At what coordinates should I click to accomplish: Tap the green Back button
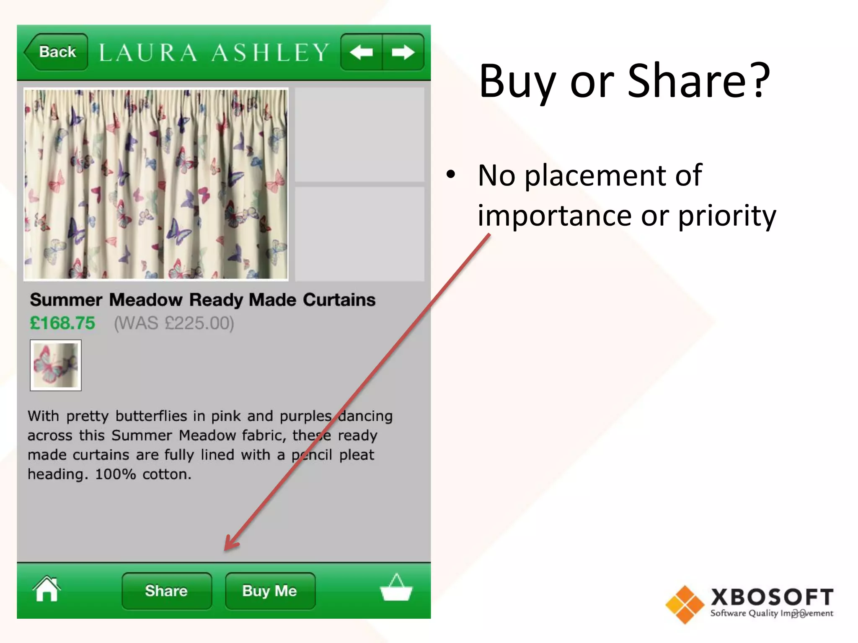[x=56, y=52]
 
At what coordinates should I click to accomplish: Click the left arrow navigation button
[x=361, y=52]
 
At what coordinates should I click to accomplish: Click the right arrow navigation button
[x=403, y=52]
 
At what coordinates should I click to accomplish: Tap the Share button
[x=166, y=591]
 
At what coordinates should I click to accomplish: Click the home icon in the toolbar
[x=47, y=589]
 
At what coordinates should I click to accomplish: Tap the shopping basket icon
[x=396, y=588]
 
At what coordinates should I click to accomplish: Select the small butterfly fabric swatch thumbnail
[x=56, y=365]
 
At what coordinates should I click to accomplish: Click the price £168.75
[x=62, y=323]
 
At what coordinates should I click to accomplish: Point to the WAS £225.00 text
[x=174, y=323]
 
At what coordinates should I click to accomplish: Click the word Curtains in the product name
[x=339, y=300]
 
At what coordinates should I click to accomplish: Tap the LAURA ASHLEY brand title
[x=214, y=53]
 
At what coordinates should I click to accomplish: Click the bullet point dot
[x=450, y=174]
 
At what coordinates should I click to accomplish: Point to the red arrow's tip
[x=226, y=549]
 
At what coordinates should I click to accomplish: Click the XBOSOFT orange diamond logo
[x=685, y=604]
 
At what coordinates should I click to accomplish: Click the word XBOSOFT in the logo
[x=772, y=597]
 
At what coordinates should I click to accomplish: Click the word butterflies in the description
[x=151, y=416]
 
